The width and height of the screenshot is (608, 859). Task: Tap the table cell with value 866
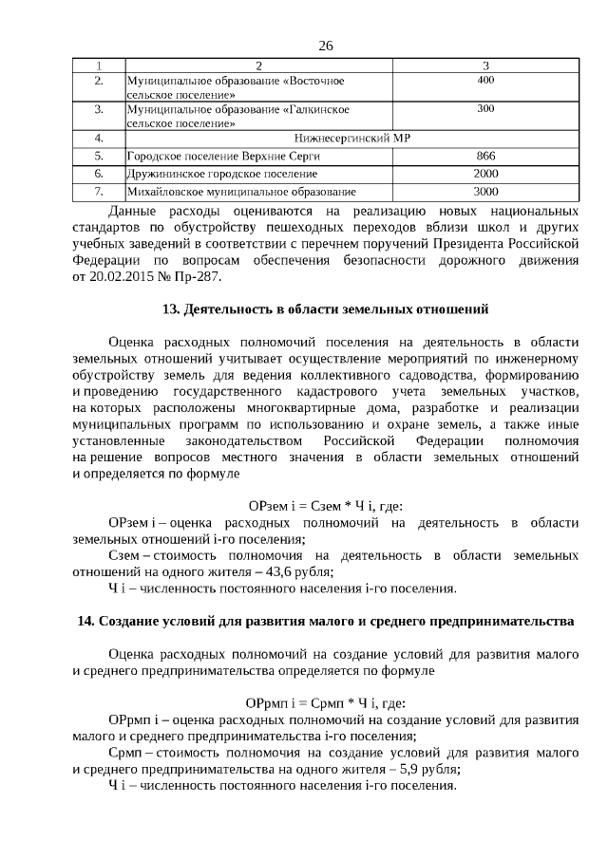[x=485, y=155]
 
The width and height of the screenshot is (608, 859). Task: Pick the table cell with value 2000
[x=485, y=174]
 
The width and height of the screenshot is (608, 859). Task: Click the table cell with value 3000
[x=485, y=192]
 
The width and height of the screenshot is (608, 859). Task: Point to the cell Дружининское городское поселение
[x=221, y=174]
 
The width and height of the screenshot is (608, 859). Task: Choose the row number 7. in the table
[x=99, y=192]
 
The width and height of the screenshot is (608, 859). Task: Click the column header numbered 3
[x=485, y=65]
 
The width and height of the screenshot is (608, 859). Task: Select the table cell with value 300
[x=485, y=110]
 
